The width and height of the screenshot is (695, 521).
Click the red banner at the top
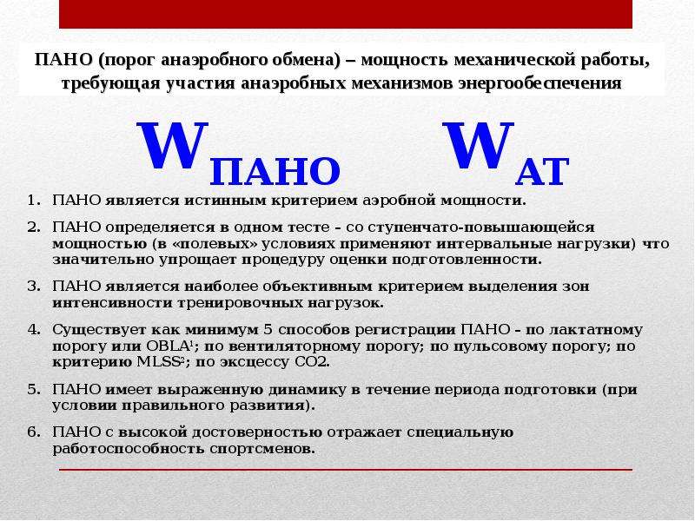[x=345, y=14]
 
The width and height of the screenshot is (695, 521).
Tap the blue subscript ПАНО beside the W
[x=275, y=171]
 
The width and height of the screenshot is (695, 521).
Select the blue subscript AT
[x=541, y=171]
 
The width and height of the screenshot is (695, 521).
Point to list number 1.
[x=33, y=201]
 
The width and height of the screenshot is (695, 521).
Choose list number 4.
[x=33, y=330]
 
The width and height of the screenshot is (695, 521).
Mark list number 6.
[x=33, y=432]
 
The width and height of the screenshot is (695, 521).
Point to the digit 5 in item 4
[x=268, y=330]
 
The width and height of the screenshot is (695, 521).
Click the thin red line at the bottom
[x=345, y=470]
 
